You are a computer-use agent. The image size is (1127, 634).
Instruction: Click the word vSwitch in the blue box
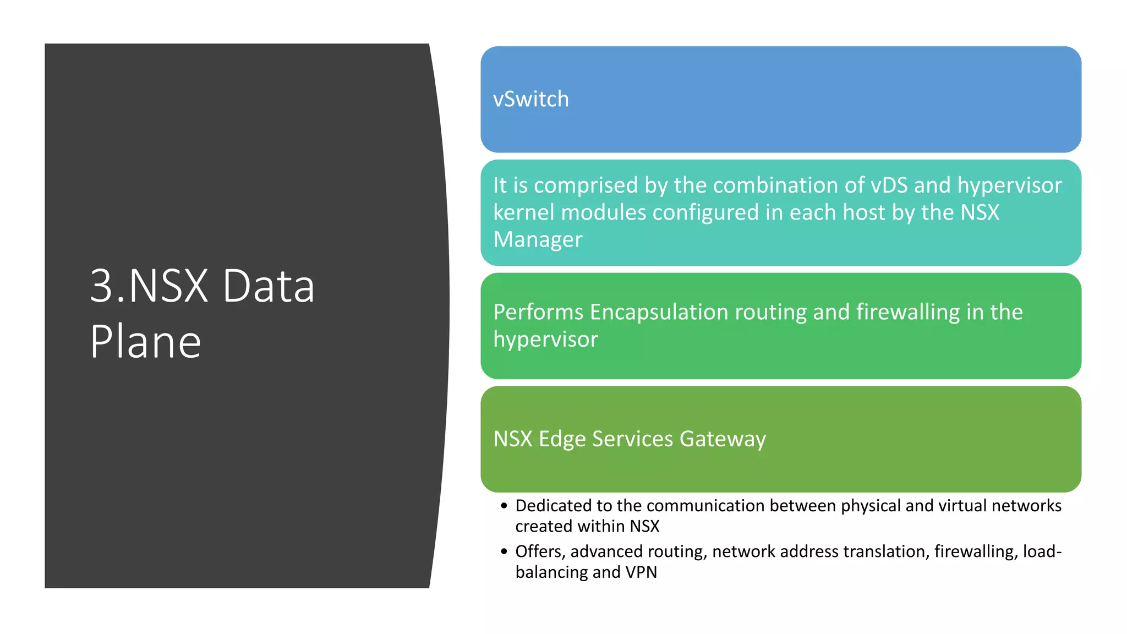530,100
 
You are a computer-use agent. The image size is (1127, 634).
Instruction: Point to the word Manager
538,240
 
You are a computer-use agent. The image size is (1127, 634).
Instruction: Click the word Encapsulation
659,312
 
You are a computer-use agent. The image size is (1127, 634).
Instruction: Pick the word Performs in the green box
538,312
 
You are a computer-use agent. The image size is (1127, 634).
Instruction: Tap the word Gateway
723,439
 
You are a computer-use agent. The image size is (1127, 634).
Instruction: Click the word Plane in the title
145,342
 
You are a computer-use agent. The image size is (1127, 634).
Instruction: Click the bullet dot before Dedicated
504,506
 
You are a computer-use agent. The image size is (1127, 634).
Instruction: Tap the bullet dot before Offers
504,551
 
